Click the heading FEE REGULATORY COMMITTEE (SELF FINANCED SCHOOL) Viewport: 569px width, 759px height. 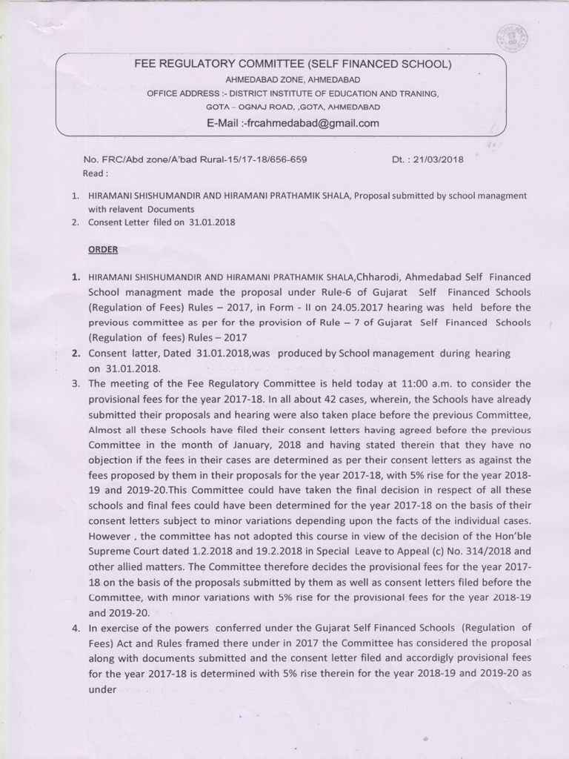point(293,64)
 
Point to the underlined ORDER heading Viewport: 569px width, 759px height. point(103,249)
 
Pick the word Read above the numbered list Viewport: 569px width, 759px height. point(96,173)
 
